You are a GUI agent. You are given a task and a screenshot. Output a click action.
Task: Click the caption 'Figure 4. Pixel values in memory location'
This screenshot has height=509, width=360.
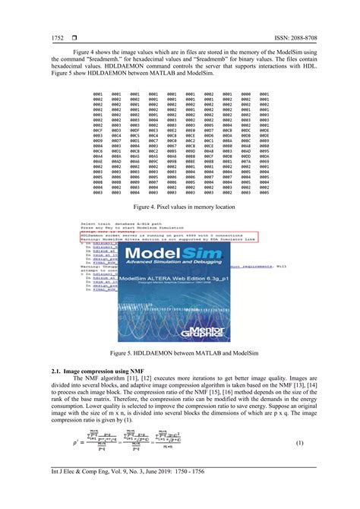[180, 207]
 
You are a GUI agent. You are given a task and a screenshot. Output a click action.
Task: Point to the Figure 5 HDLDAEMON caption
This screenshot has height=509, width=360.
[180, 353]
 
